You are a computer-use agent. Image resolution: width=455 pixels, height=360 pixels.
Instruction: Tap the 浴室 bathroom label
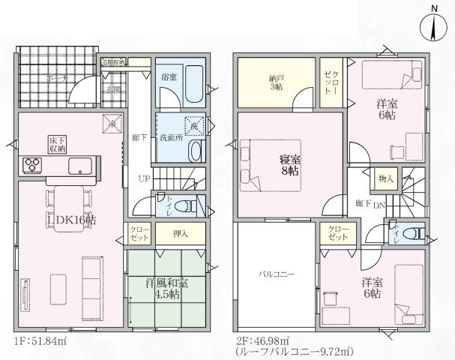click(168, 76)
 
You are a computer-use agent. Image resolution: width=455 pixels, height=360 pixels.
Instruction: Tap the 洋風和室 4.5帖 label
click(166, 289)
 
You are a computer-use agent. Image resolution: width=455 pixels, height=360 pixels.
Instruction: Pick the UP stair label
click(143, 178)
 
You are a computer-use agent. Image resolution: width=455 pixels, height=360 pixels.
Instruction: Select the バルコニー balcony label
click(277, 274)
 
